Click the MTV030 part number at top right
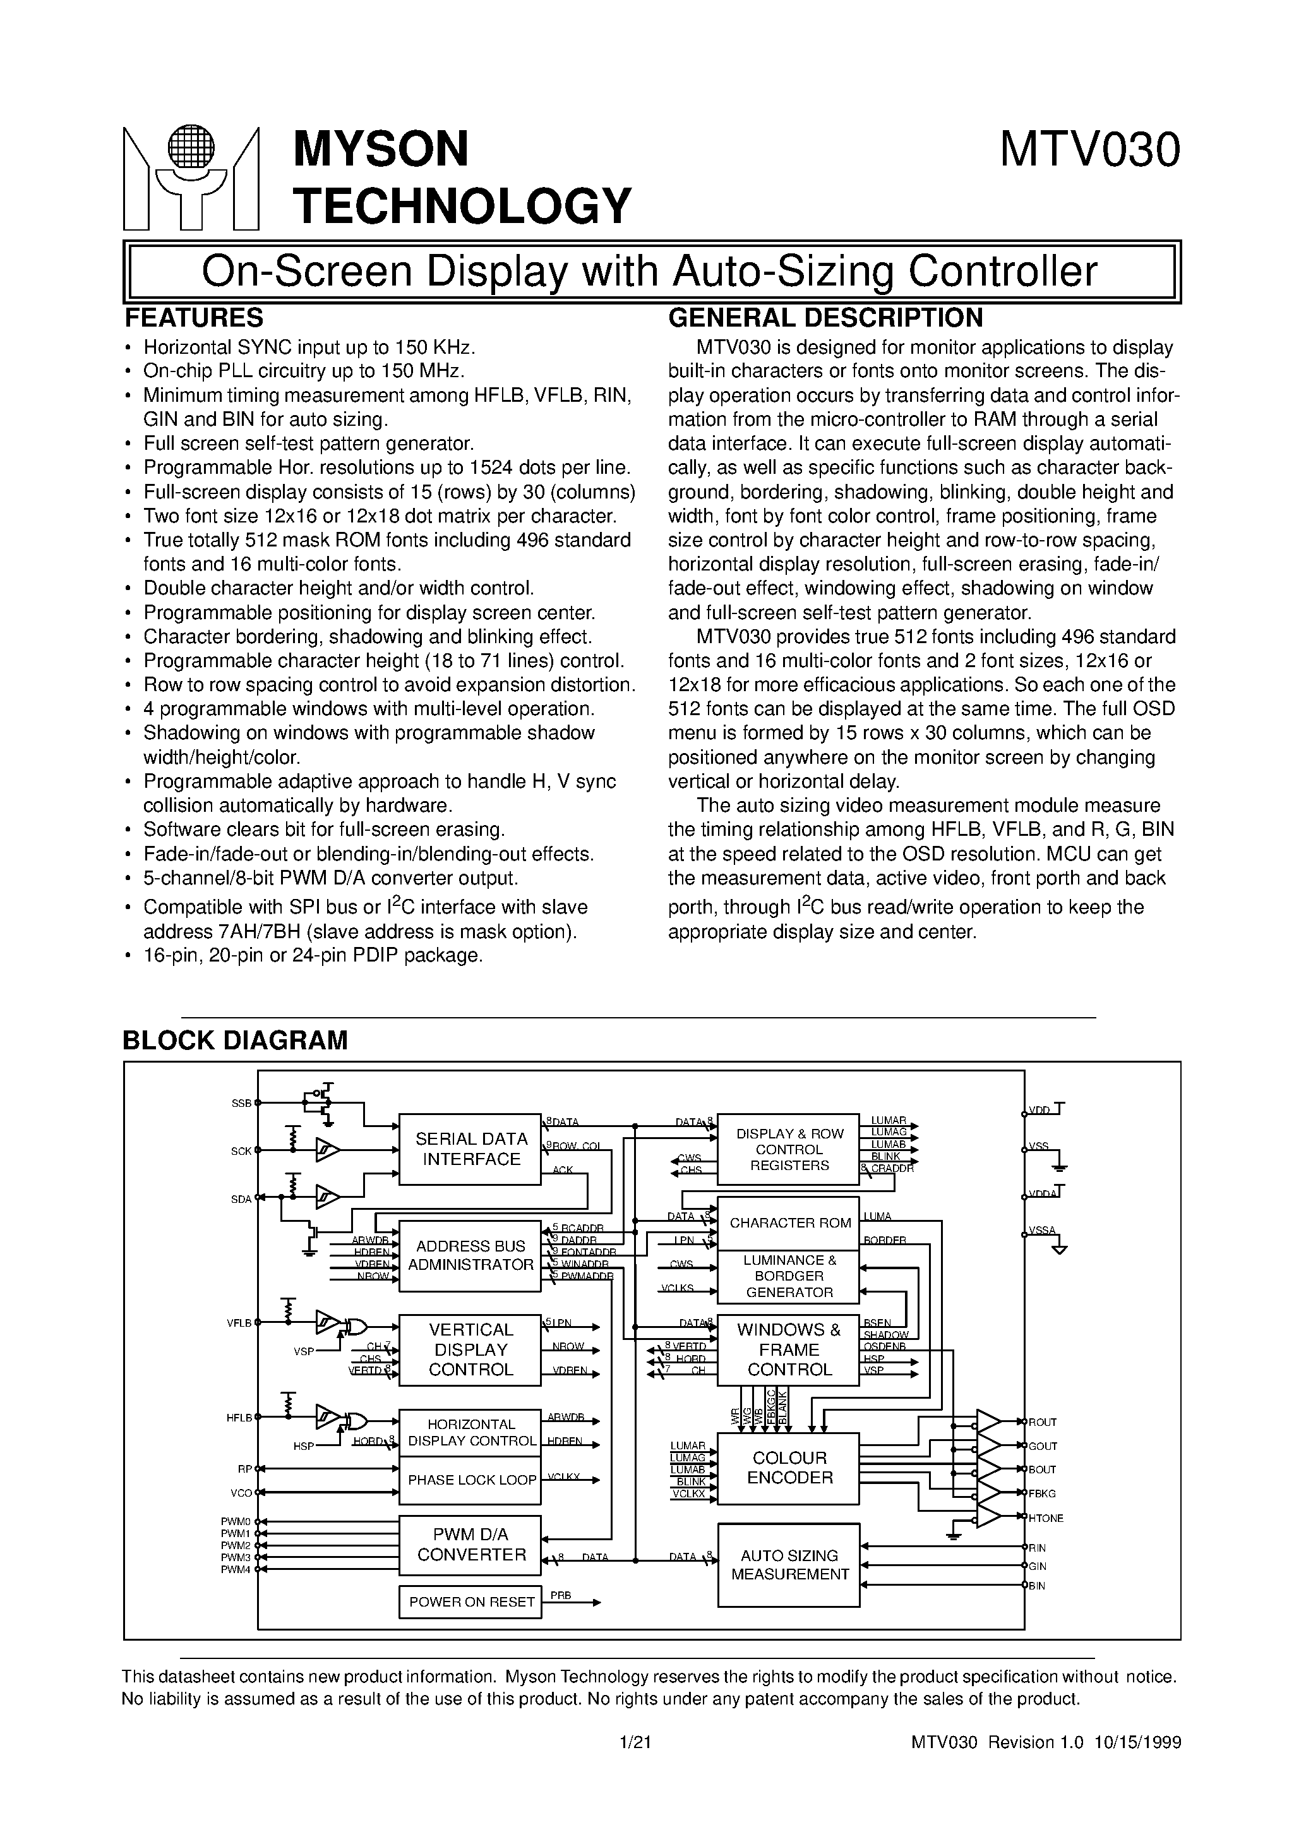point(1089,150)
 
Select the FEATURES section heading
point(194,318)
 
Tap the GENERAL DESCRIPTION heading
point(825,318)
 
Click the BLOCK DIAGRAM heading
point(235,1040)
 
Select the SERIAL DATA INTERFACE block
point(470,1149)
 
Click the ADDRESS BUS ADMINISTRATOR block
point(470,1255)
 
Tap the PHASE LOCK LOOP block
point(471,1480)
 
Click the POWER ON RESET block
point(471,1602)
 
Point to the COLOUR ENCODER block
point(789,1468)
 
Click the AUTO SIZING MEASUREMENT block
point(789,1565)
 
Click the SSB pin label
point(241,1104)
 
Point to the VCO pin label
point(242,1493)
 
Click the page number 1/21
point(635,1743)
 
